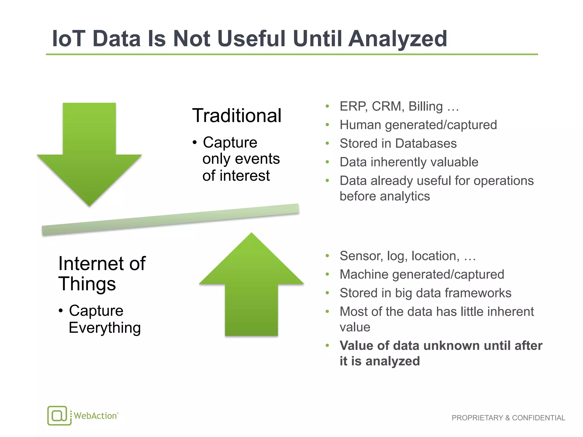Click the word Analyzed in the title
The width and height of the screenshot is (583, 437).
click(398, 39)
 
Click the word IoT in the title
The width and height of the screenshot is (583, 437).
click(69, 39)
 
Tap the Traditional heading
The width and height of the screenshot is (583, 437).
click(237, 116)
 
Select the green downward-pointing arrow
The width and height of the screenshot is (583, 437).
click(89, 159)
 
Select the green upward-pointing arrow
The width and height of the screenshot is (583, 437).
click(251, 290)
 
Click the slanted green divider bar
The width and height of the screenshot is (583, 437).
click(170, 220)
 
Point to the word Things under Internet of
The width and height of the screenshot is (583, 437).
click(87, 284)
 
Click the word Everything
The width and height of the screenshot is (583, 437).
click(105, 328)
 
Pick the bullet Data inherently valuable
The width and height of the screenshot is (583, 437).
click(409, 162)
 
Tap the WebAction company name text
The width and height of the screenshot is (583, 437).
click(95, 416)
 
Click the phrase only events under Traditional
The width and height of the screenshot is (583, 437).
click(241, 159)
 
